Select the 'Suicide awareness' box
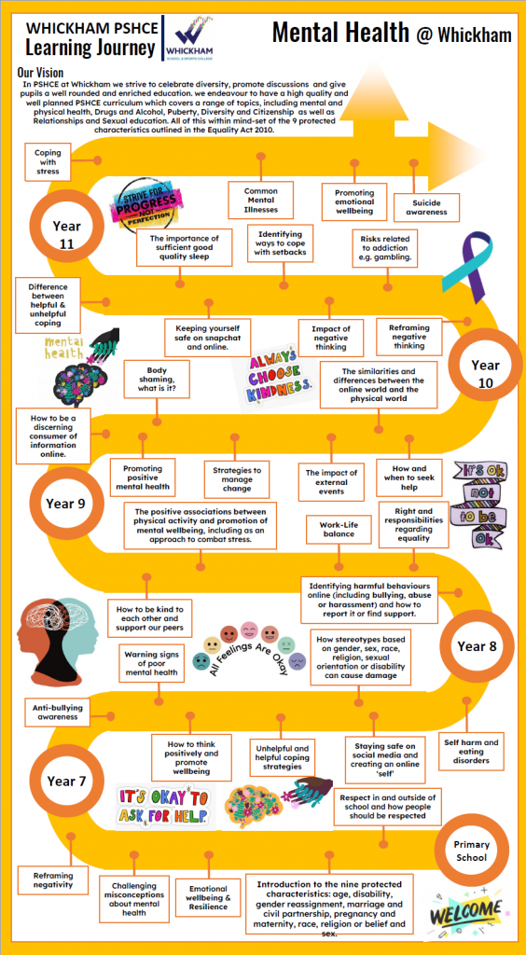426,208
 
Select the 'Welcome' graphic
465,912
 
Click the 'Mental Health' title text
340,33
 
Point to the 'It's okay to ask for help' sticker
163,807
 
